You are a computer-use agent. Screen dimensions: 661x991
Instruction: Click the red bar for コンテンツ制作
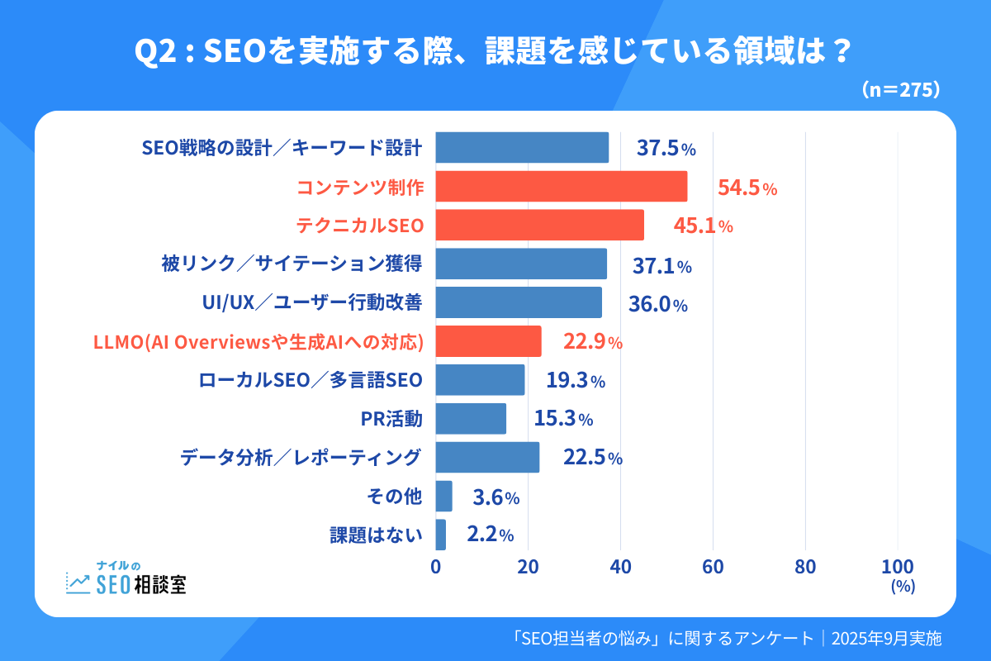point(562,187)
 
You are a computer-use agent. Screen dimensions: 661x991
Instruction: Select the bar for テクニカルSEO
point(539,225)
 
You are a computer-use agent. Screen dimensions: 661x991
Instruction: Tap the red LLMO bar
point(488,341)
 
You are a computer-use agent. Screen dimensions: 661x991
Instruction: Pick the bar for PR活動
point(471,419)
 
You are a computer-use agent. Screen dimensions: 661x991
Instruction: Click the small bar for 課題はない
point(441,535)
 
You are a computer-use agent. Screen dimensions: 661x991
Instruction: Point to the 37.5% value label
point(666,148)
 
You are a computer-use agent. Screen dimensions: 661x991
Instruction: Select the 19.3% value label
point(576,381)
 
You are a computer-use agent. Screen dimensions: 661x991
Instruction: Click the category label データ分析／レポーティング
point(301,457)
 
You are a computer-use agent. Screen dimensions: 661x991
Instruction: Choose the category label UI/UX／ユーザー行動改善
point(312,303)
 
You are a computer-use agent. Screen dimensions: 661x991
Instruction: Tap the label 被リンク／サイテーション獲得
point(292,264)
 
